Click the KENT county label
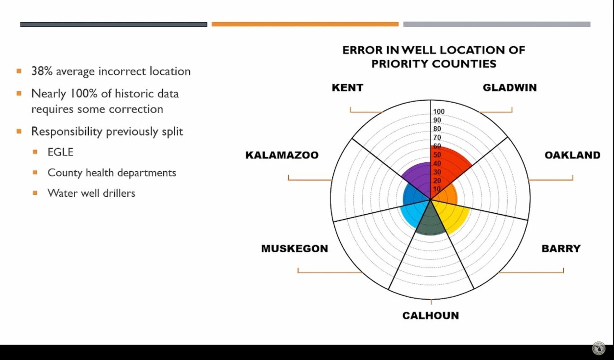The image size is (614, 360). click(347, 87)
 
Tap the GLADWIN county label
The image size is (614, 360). click(509, 87)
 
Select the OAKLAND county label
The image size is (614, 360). click(572, 155)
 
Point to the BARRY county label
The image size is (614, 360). click(561, 248)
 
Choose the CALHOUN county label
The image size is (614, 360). click(430, 316)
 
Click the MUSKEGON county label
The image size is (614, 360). click(294, 249)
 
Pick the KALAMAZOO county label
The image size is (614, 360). click(282, 155)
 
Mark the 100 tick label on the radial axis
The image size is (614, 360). click(438, 112)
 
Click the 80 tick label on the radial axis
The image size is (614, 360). click(437, 129)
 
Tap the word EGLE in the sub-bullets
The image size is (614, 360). click(60, 152)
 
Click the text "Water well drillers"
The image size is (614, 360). click(91, 193)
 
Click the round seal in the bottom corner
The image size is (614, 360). click(599, 348)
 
